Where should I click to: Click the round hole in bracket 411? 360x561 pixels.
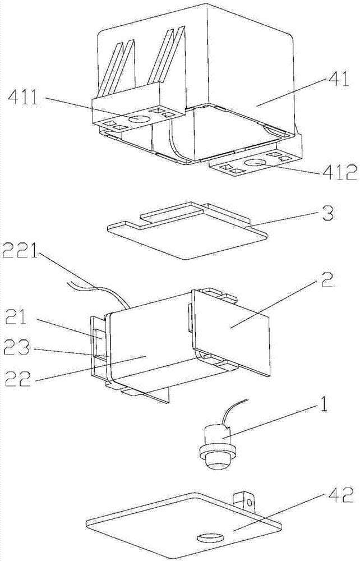[x=139, y=119]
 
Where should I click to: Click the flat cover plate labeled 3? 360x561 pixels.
[x=179, y=233]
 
